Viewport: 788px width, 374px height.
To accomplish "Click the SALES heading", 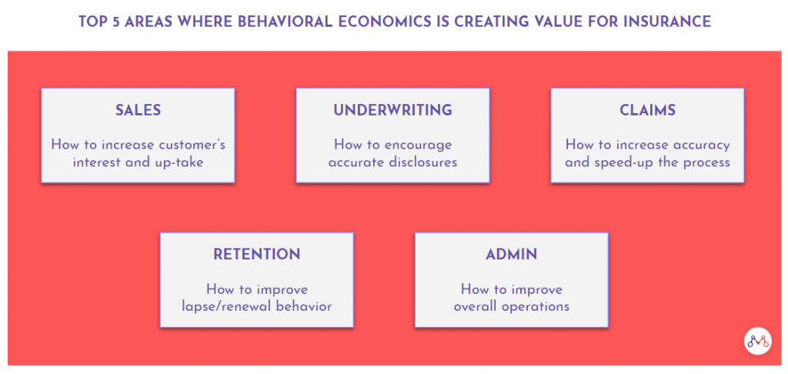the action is (x=139, y=110).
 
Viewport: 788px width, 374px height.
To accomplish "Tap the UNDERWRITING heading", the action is (x=392, y=110).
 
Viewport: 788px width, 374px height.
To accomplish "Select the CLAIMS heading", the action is (x=647, y=110).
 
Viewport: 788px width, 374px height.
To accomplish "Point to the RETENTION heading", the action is (x=257, y=254).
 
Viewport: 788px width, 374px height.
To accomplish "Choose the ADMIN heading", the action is (x=511, y=254).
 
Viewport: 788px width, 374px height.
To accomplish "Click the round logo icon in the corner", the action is (x=757, y=342).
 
